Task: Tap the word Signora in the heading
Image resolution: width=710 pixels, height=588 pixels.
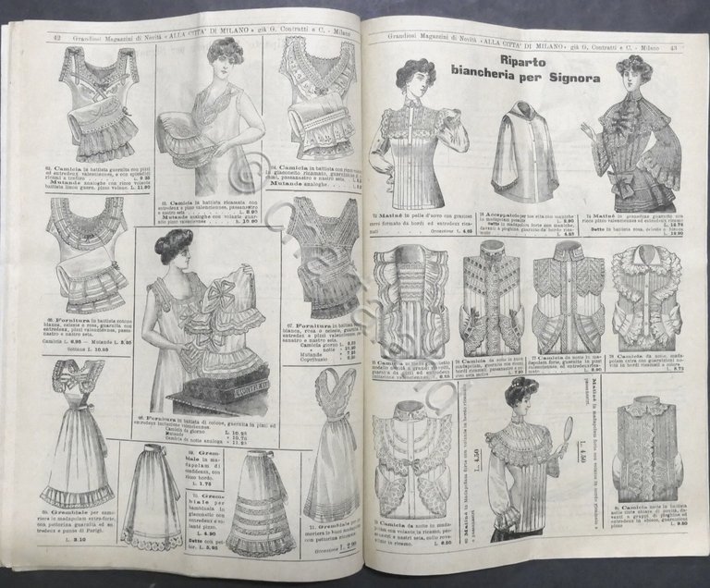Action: (570, 78)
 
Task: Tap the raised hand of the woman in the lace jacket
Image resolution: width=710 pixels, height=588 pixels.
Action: (588, 131)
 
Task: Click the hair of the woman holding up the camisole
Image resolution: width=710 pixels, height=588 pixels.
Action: (172, 244)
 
